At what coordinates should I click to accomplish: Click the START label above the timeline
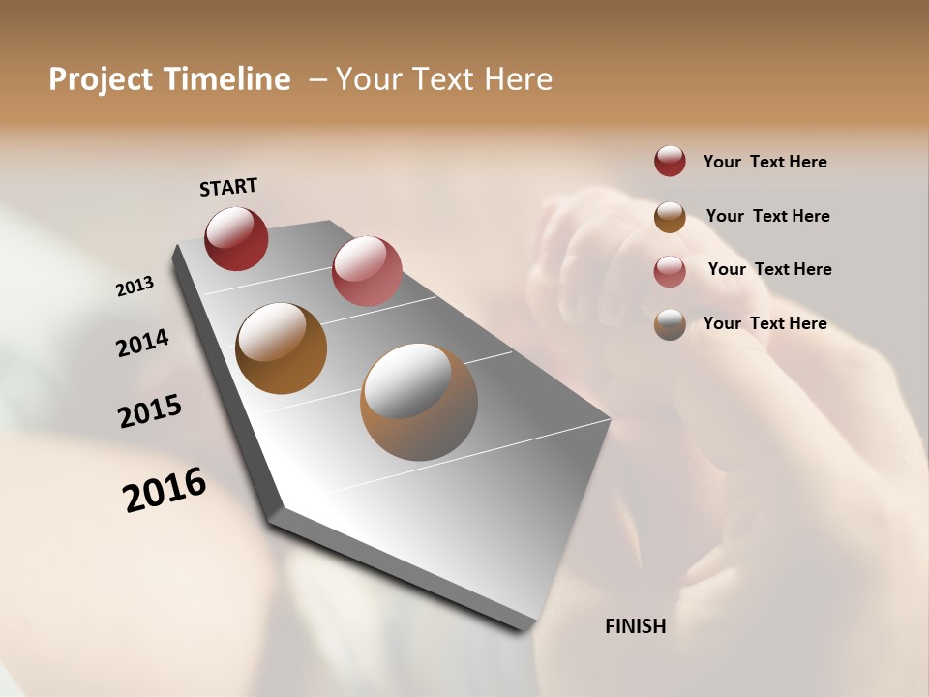pos(228,187)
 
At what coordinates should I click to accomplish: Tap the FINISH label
pos(635,626)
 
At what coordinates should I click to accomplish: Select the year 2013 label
pos(135,287)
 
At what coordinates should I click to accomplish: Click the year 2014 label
pos(142,344)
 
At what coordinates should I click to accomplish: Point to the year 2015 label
pos(150,411)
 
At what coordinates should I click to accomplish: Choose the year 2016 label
pos(165,490)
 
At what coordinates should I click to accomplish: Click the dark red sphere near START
pos(236,238)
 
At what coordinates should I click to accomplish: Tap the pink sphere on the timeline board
pos(367,270)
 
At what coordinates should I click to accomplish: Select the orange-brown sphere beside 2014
pos(281,348)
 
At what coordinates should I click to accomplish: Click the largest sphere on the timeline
pos(419,402)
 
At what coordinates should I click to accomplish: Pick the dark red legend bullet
pos(670,162)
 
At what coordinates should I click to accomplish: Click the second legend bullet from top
pos(670,217)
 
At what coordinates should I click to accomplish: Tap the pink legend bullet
pos(670,271)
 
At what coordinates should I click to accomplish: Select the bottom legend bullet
pos(670,324)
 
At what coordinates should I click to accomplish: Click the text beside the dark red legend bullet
pos(764,162)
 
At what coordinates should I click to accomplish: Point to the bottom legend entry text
pos(764,323)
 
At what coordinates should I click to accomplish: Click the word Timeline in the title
pos(226,79)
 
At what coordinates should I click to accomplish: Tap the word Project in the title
pos(102,79)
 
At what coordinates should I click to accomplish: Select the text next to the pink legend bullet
pos(769,269)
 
